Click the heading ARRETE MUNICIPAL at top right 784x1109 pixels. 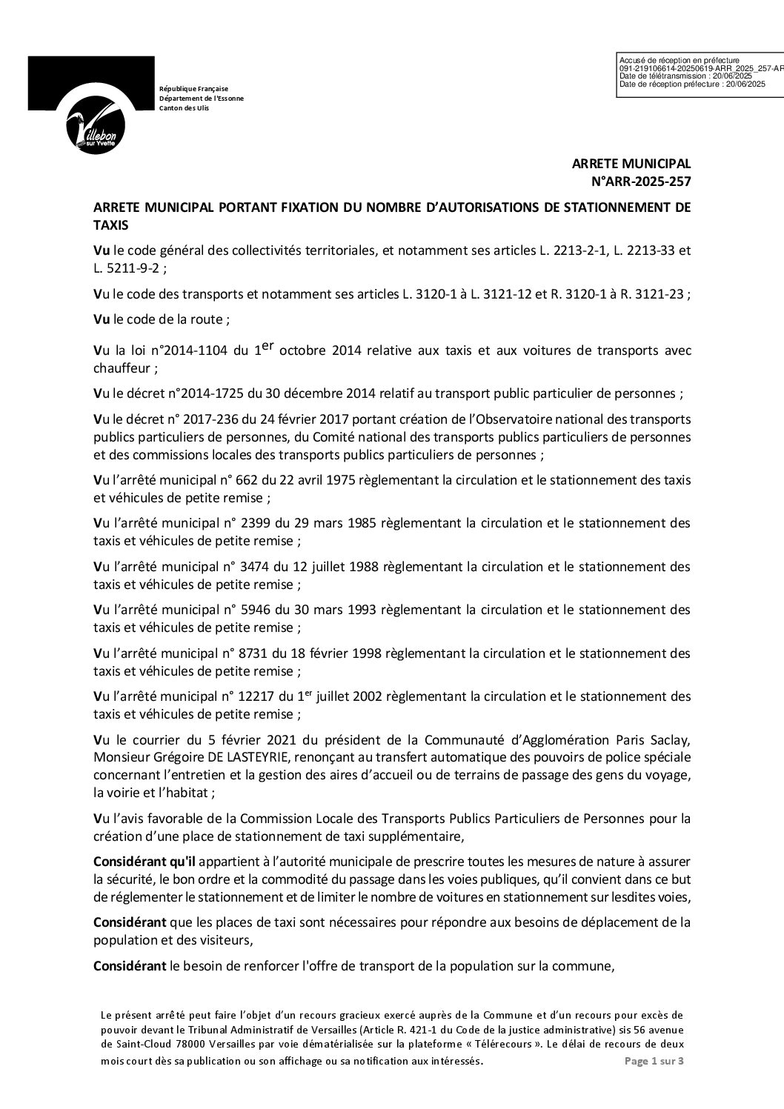[x=631, y=164]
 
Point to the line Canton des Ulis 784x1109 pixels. [x=185, y=108]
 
